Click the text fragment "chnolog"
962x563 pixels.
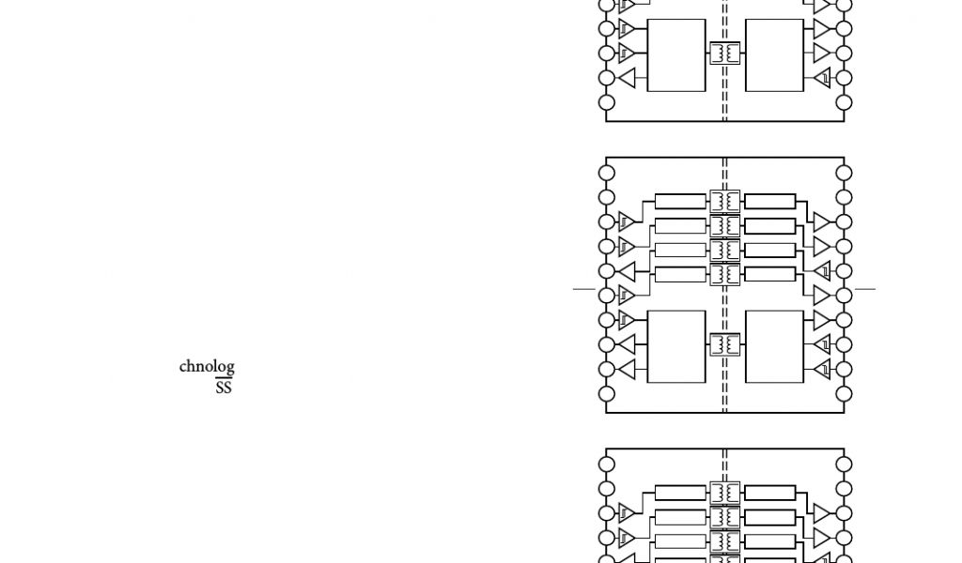[207, 367]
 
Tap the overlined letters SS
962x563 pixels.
[223, 387]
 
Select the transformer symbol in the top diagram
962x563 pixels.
[724, 53]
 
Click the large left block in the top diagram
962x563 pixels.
[676, 55]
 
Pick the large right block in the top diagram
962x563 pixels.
[774, 55]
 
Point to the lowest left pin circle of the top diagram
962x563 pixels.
[607, 101]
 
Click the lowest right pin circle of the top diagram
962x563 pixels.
[844, 101]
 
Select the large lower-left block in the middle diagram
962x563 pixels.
[676, 346]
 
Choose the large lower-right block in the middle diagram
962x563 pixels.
[774, 346]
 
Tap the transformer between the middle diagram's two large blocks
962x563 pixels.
[724, 344]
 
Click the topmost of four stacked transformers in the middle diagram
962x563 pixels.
[724, 201]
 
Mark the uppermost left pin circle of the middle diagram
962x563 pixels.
[607, 174]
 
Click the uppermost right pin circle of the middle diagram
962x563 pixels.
[844, 174]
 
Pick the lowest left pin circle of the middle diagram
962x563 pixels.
[607, 393]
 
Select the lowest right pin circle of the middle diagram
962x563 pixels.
[844, 393]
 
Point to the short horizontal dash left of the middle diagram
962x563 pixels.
[583, 289]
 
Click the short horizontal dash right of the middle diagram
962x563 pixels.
[865, 289]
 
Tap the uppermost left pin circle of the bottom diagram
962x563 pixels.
[607, 464]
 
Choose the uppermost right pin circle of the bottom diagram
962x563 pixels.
[844, 464]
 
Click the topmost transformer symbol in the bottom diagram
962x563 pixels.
[724, 492]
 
